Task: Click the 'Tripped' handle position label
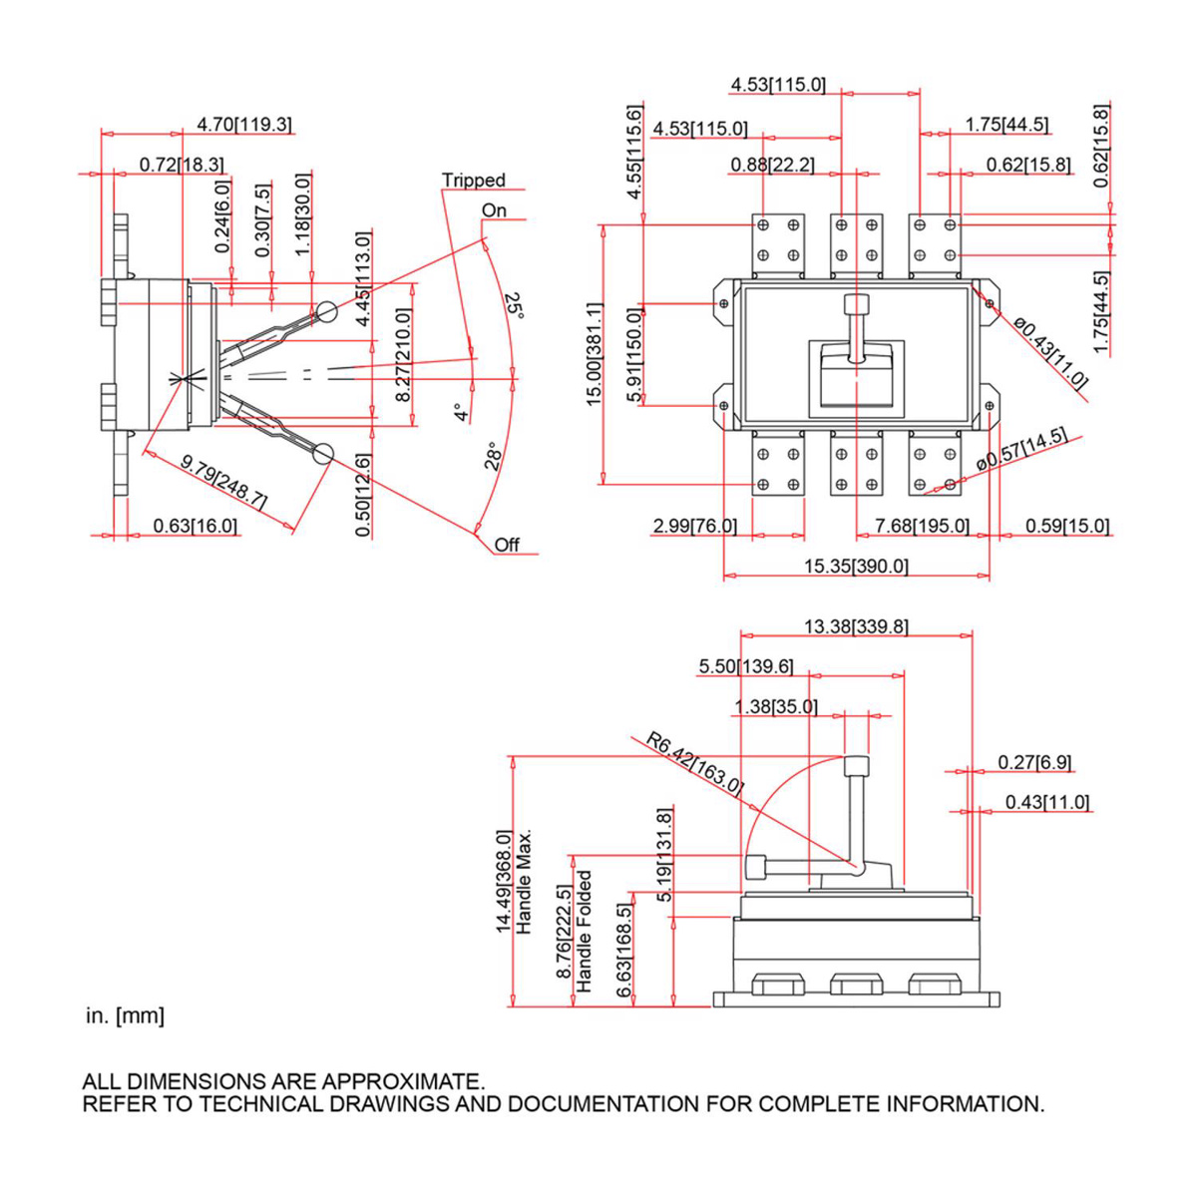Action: tap(474, 181)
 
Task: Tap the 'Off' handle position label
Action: tap(507, 545)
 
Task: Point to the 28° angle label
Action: tap(494, 456)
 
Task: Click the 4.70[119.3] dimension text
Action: tap(244, 125)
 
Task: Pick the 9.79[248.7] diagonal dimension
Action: tap(223, 482)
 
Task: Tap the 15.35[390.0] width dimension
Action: tap(857, 567)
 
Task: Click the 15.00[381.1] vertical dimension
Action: tap(595, 354)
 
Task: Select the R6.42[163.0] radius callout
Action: tap(694, 762)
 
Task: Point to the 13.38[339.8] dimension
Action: tap(856, 626)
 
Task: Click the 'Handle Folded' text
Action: tap(585, 931)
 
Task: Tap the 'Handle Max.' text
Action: tap(525, 882)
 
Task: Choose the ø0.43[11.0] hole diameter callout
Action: tap(1051, 352)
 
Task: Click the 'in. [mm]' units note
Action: tap(125, 1016)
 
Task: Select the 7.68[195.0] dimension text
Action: tap(922, 526)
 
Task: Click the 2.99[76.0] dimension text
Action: tap(695, 526)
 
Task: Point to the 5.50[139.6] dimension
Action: tap(746, 666)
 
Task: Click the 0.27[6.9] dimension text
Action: tap(1034, 763)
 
